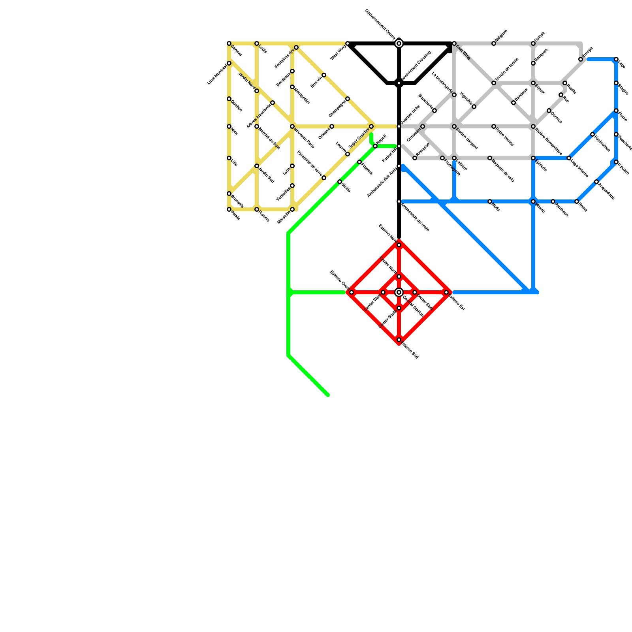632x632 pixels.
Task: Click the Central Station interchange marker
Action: click(399, 292)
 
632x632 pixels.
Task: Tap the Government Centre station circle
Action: click(399, 43)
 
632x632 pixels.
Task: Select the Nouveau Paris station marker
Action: click(292, 126)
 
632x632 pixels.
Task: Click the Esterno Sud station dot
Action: click(399, 340)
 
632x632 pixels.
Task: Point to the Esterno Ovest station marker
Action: click(352, 292)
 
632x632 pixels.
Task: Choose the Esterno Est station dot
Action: click(446, 292)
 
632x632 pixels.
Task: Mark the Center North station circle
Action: click(399, 276)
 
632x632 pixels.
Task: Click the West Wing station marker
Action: click(348, 43)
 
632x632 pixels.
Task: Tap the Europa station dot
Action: click(581, 59)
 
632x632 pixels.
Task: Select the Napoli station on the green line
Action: click(375, 146)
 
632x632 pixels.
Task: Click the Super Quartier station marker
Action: click(371, 126)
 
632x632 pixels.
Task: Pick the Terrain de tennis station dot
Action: click(494, 83)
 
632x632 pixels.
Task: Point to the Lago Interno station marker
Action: click(569, 158)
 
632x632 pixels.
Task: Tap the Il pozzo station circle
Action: click(616, 162)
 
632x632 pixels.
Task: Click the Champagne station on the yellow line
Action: click(348, 99)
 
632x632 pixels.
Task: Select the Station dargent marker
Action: click(454, 126)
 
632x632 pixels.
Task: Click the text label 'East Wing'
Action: click(463, 53)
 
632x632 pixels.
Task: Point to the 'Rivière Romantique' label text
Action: click(549, 141)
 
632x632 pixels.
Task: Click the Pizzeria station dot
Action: click(359, 162)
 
